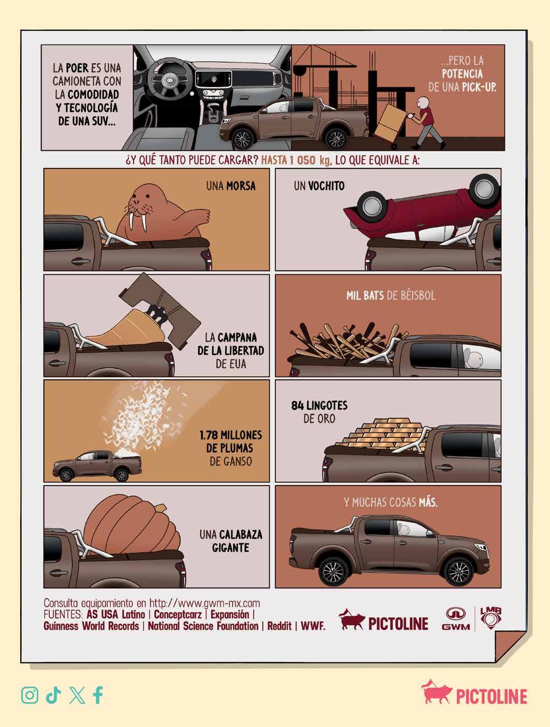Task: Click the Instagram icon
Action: point(30,695)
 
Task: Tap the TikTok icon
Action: point(53,695)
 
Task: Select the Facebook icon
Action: point(98,695)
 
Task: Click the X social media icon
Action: point(77,695)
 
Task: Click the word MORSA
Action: point(241,186)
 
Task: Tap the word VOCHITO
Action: point(326,186)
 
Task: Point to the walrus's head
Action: point(141,203)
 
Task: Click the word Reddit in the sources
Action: point(279,626)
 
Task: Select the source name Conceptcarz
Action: point(177,614)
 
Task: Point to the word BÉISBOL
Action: point(418,295)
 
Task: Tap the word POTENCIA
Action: point(462,74)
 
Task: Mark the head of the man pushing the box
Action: point(423,102)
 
